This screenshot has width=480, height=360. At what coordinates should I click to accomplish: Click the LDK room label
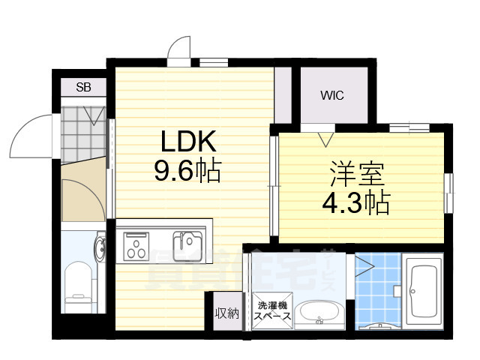tap(187, 142)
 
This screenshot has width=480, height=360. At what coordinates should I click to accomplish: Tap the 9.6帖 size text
tap(187, 172)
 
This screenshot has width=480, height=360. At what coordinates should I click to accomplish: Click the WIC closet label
tap(332, 96)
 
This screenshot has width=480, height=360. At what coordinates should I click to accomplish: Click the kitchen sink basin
tap(186, 244)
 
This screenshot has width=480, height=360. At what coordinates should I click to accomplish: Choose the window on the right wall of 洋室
tap(449, 193)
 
